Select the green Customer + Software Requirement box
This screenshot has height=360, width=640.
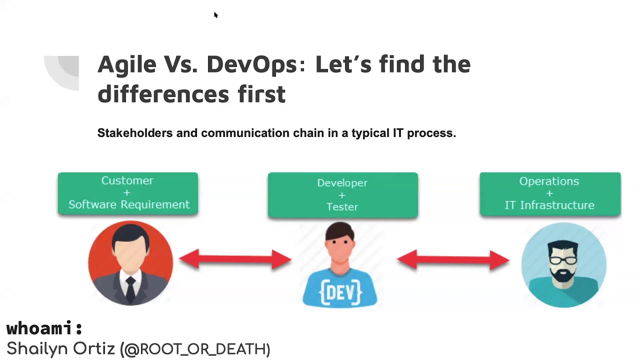point(128,193)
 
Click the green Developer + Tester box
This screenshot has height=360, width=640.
point(342,195)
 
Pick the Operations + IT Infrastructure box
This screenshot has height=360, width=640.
point(549,193)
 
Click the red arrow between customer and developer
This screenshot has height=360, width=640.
point(235,259)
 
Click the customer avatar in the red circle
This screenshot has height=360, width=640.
point(130,262)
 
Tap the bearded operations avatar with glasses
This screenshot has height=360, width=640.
point(563,264)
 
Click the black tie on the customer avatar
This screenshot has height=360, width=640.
point(130,287)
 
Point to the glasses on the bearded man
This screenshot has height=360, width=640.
point(562,260)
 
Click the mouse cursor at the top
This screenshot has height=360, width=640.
point(215,15)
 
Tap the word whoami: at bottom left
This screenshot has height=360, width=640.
point(44,328)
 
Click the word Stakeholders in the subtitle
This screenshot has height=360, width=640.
point(134,133)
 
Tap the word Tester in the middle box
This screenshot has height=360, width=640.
point(342,206)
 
